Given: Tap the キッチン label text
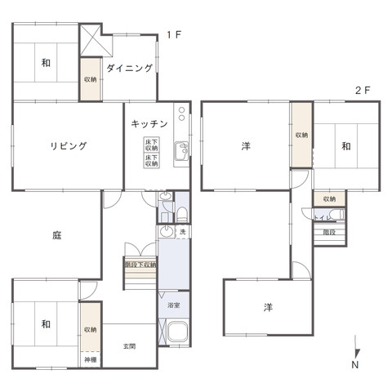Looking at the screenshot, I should tap(149, 124).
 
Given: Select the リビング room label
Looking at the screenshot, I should tap(68, 146).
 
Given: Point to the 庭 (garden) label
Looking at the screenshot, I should tap(57, 235).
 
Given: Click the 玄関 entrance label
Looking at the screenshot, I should tap(130, 346).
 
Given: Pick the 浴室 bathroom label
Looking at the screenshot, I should tap(173, 305).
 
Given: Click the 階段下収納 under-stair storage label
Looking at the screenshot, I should tap(140, 265).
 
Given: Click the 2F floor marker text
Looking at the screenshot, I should tap(363, 91).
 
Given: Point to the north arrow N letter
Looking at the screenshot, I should tap(354, 365).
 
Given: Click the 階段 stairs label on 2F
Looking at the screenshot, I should tap(328, 233).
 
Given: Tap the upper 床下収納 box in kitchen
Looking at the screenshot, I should tap(151, 145).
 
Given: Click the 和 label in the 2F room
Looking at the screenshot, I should tap(346, 146).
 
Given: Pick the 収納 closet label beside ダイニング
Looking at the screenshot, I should tap(90, 79).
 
